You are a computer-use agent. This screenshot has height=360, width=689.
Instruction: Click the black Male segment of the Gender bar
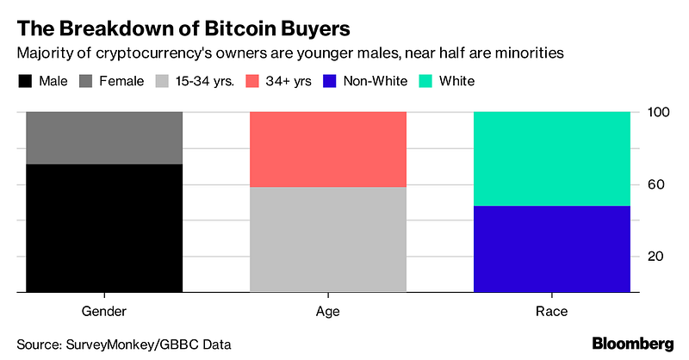[x=104, y=227]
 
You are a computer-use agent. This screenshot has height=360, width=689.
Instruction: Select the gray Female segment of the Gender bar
[x=104, y=138]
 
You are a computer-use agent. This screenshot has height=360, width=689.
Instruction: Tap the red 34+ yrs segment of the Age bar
[x=327, y=149]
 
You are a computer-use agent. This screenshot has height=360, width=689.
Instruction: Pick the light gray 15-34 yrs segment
[x=327, y=239]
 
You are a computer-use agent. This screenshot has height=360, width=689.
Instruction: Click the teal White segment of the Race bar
[x=551, y=158]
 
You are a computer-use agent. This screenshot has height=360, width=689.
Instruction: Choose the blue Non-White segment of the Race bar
[x=551, y=249]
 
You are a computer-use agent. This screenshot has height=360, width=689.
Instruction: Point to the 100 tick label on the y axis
[x=655, y=113]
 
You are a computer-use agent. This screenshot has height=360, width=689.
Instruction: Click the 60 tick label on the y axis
[x=655, y=184]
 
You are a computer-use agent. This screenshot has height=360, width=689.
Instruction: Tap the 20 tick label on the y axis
[x=655, y=257]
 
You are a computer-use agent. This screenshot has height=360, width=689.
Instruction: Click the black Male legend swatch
[x=25, y=81]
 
